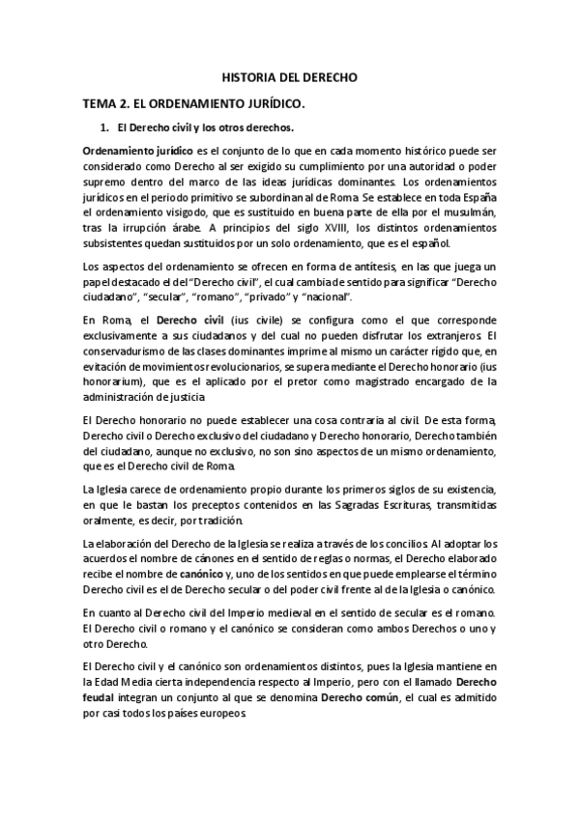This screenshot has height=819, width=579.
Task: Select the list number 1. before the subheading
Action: click(105, 127)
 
